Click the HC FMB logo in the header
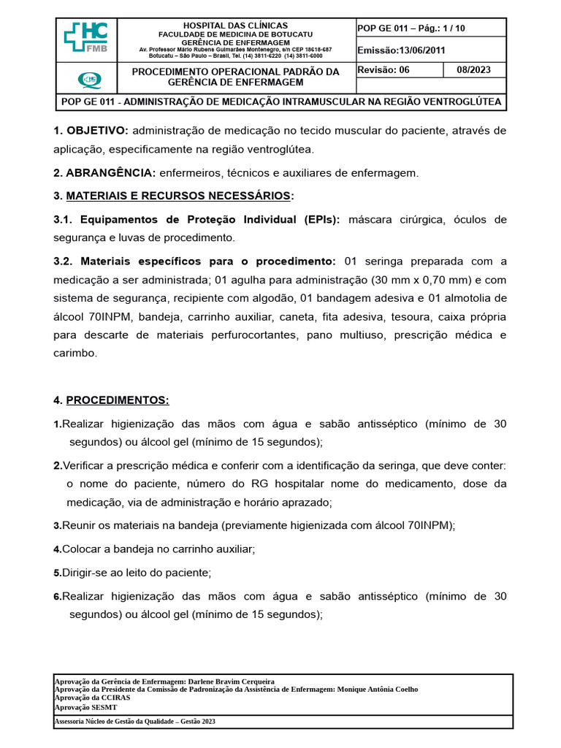click(86, 38)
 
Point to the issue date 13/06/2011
click(424, 50)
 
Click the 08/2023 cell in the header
click(474, 70)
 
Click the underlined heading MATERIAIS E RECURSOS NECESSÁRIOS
click(178, 196)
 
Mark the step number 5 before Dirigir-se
click(57, 573)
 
